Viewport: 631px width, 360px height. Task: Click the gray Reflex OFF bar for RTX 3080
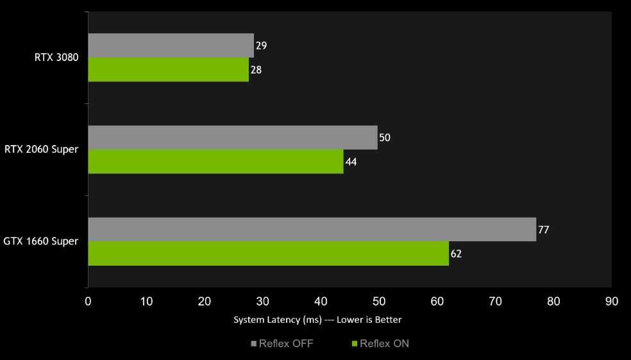click(171, 46)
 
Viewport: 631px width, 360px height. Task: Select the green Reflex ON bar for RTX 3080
click(168, 70)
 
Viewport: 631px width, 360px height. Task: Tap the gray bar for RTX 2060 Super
click(232, 137)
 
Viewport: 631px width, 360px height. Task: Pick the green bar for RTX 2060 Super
click(215, 162)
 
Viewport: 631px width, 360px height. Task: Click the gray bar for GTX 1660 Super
click(312, 229)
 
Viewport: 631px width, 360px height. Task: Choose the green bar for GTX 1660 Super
click(268, 253)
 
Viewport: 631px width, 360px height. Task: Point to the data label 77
click(543, 230)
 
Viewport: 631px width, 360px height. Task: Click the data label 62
click(456, 254)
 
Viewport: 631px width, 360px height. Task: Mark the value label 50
click(385, 138)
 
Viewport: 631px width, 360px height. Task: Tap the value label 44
click(351, 162)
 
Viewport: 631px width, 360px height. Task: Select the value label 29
click(261, 46)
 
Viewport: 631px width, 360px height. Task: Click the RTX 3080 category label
click(56, 58)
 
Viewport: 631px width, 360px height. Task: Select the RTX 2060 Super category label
click(41, 150)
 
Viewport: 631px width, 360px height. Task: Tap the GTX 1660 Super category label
click(41, 241)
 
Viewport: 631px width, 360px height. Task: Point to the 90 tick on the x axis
click(611, 301)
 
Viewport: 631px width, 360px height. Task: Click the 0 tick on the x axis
click(88, 301)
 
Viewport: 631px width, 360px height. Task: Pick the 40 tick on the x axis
click(321, 301)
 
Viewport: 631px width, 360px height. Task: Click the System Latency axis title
click(317, 320)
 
